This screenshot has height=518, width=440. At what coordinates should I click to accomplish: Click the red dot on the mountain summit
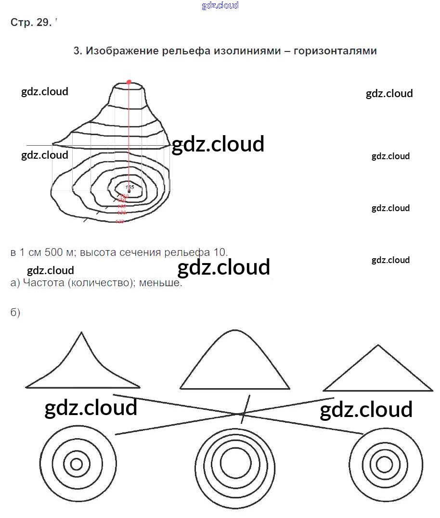[x=129, y=82]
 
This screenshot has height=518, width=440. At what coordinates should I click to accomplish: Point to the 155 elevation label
[x=129, y=186]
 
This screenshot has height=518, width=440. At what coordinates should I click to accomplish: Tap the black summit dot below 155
[x=129, y=191]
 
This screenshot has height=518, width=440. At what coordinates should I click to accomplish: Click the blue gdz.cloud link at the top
[x=220, y=6]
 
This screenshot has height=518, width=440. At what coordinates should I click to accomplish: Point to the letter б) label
[x=15, y=313]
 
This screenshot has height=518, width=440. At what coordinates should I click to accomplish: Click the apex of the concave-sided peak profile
[x=82, y=332]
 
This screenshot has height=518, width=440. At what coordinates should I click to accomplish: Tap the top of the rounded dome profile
[x=234, y=330]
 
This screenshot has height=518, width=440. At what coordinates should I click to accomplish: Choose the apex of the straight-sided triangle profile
[x=378, y=345]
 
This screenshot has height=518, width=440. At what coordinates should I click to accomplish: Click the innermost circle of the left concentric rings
[x=77, y=464]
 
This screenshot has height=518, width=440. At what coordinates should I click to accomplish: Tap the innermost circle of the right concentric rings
[x=384, y=464]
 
